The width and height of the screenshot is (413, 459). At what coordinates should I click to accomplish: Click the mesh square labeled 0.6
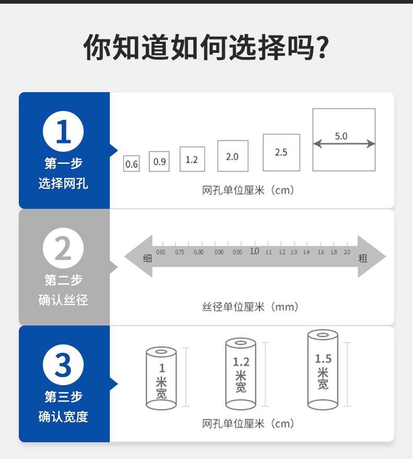click(x=131, y=164)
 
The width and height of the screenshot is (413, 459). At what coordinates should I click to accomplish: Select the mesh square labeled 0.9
click(x=159, y=162)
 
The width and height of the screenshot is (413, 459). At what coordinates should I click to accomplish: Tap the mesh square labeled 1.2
click(x=192, y=159)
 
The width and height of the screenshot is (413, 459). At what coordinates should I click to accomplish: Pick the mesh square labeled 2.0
click(x=233, y=156)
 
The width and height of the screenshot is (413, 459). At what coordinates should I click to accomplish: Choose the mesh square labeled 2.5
click(x=281, y=152)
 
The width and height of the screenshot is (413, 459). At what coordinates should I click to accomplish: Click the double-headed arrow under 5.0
click(x=343, y=144)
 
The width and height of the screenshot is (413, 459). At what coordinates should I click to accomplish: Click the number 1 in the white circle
click(x=63, y=132)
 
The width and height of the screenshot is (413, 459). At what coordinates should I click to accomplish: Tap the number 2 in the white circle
click(x=63, y=249)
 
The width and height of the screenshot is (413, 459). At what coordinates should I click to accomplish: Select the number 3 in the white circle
click(x=63, y=365)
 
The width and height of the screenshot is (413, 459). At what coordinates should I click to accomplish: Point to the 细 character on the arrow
click(x=147, y=258)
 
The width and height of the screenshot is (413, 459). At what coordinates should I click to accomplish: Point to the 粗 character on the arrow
click(x=363, y=258)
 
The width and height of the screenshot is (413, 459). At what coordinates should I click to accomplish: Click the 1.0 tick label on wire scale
click(x=254, y=252)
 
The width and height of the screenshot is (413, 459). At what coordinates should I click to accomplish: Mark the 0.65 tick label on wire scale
click(x=160, y=252)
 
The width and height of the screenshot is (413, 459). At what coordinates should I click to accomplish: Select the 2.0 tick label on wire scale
click(x=347, y=252)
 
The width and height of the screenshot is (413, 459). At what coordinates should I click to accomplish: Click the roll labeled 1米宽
click(x=161, y=378)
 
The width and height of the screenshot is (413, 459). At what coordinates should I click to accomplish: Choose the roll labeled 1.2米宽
click(x=240, y=374)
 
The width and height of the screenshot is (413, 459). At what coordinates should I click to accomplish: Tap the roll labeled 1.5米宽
click(x=323, y=370)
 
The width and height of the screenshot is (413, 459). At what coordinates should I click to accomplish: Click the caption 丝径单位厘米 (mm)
click(x=250, y=307)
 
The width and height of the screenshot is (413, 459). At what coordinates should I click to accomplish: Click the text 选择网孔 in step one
click(x=63, y=184)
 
